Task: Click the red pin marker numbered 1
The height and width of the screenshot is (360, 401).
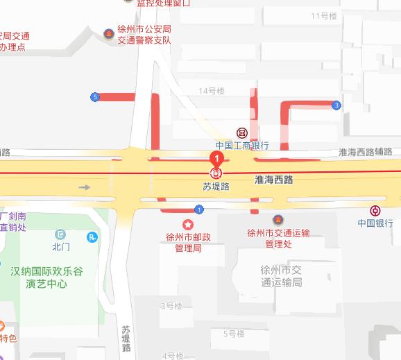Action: coord(216,160)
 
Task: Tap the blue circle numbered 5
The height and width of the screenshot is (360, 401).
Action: coord(94,97)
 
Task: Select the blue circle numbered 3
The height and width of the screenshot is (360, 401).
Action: coord(336,105)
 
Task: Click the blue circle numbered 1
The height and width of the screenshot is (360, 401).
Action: coord(199,209)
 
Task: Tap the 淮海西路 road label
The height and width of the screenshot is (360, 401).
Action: coord(274,180)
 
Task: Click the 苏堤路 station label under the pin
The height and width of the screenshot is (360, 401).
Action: coord(216,187)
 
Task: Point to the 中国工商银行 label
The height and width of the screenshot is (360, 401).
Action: coord(241,146)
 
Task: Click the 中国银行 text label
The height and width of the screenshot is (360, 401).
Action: coord(375,223)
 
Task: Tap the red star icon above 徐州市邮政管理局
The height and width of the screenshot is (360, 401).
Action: coord(187,224)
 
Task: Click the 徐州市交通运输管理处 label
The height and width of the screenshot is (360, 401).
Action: coord(278,239)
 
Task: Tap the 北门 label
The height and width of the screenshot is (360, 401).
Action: coord(61,246)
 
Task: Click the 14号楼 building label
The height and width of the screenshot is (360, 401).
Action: coord(212,91)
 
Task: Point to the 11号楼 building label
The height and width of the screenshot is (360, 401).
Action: coord(323,15)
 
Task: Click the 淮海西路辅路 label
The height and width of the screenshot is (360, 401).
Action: coord(365,152)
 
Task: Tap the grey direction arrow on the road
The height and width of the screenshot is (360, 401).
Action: coord(85,187)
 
